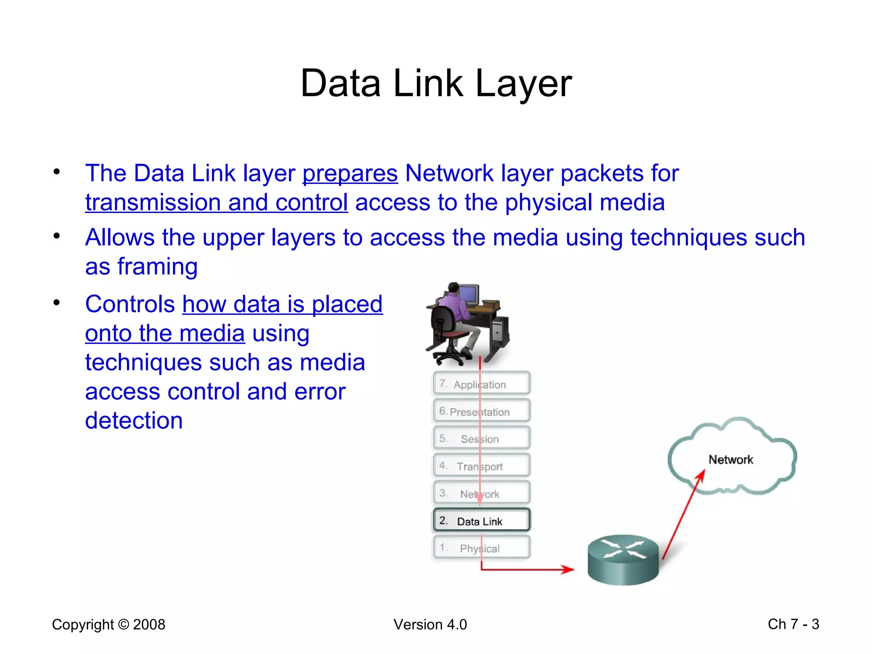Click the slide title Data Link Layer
tap(436, 83)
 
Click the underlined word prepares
tap(350, 174)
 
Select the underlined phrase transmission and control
tap(216, 203)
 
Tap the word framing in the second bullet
tap(157, 267)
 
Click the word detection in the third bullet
tap(134, 421)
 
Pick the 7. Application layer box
tap(482, 384)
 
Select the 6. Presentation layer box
tap(482, 411)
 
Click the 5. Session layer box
tap(482, 439)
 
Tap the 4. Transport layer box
tap(482, 466)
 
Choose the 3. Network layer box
tap(482, 493)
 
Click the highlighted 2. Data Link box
tap(482, 521)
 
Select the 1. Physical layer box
tap(482, 548)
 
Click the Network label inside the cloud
tap(731, 459)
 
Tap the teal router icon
tap(623, 560)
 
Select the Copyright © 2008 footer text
tap(109, 625)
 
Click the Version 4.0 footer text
tap(430, 625)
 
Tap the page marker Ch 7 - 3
tap(793, 624)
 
